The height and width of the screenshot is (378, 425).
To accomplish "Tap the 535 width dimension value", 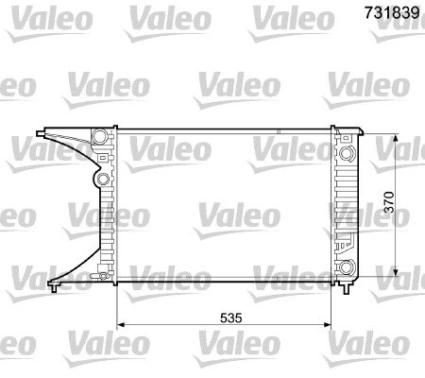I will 233,318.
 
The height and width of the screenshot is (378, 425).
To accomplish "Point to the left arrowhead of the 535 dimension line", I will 120,326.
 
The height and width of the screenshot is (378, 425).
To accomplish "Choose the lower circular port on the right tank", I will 348,266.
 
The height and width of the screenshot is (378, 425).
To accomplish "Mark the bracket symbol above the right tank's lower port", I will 347,242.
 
